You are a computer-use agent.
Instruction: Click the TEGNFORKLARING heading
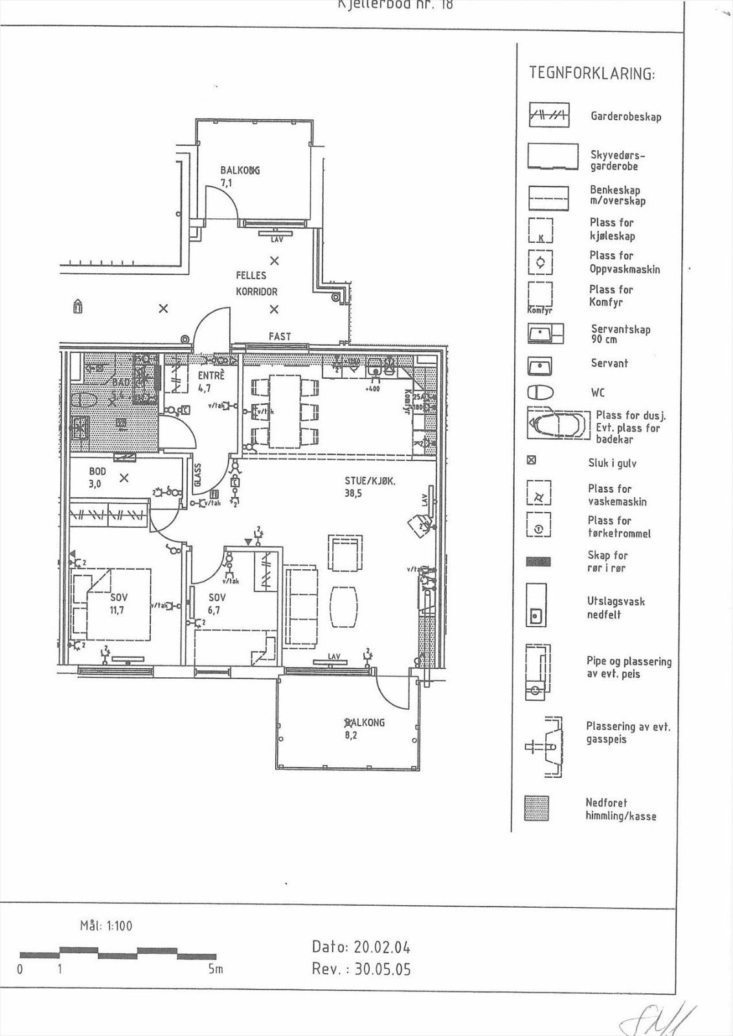(x=591, y=73)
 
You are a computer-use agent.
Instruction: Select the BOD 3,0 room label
(x=96, y=478)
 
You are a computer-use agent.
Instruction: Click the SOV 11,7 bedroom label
(x=118, y=603)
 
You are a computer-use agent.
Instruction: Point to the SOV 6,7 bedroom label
(x=216, y=603)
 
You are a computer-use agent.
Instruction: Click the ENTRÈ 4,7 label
(x=211, y=381)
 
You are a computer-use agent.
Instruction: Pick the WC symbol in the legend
(x=541, y=392)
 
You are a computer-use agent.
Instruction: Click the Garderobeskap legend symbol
(x=549, y=116)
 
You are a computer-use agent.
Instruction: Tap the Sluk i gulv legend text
(x=612, y=463)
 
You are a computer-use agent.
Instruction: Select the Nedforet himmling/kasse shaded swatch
(x=536, y=809)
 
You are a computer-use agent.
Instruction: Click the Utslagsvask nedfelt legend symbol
(x=536, y=604)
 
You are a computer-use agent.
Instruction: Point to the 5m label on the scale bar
(x=216, y=969)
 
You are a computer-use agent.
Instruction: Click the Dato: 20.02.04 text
(x=361, y=947)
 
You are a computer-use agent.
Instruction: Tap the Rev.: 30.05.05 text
(x=361, y=969)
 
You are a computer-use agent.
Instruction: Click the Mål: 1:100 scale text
(x=106, y=926)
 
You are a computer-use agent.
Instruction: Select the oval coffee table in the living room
(x=344, y=607)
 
